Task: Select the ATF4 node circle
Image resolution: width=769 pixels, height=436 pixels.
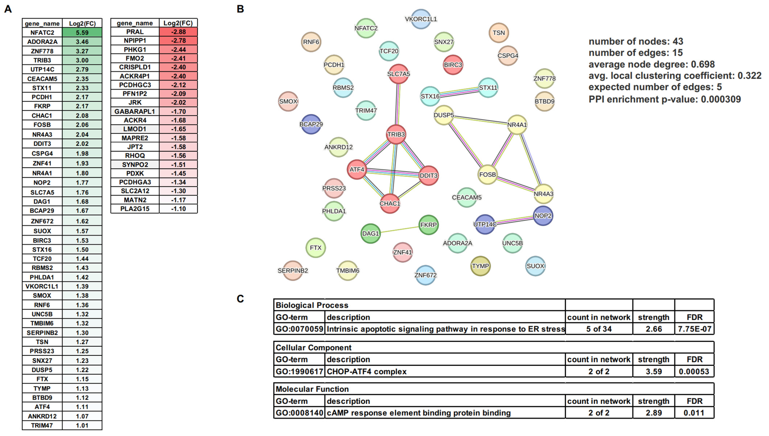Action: point(357,170)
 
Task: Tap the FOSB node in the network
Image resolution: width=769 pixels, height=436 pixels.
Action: point(487,175)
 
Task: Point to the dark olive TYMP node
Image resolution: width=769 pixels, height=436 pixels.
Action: point(480,266)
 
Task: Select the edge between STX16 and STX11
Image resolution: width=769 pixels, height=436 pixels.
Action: point(459,92)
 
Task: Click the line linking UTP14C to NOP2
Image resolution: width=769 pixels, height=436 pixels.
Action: point(514,220)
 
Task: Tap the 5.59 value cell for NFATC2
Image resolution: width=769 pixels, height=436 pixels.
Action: point(82,32)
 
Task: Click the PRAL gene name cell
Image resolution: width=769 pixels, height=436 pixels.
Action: point(135,32)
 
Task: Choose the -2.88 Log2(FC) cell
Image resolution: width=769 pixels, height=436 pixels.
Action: point(178,32)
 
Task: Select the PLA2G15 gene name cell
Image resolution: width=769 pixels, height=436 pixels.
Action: point(135,209)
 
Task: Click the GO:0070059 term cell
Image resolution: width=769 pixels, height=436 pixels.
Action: point(299,329)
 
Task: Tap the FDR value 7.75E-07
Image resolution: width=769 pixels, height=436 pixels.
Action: point(694,329)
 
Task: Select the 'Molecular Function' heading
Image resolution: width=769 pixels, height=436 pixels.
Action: point(312,389)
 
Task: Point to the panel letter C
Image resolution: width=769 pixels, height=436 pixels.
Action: point(240,298)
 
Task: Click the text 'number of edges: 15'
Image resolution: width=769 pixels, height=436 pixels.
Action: point(636,53)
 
